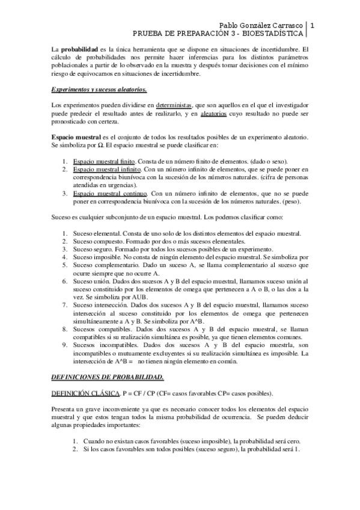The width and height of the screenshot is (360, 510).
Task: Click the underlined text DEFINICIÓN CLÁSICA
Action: pyautogui.click(x=84, y=393)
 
